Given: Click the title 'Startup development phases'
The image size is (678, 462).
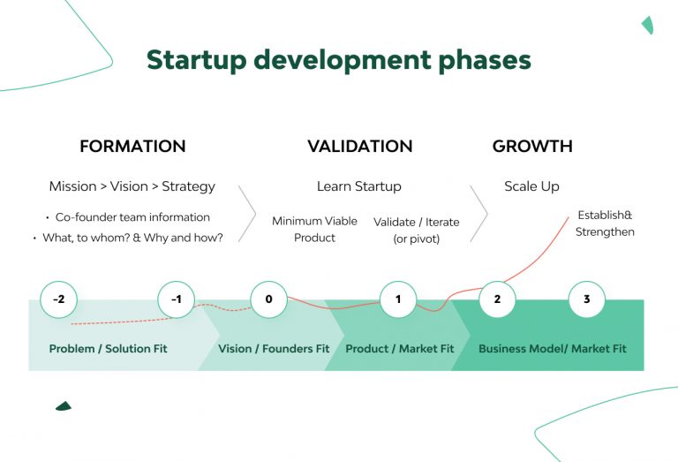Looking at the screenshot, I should tap(339, 59).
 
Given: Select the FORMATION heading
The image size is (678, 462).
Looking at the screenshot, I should tap(132, 147).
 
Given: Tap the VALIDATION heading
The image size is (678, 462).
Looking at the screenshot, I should tap(359, 147).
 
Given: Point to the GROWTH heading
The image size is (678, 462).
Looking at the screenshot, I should tap(532, 147).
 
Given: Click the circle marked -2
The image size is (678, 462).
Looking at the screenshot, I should tap(58, 299).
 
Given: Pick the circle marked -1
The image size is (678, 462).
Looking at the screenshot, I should tap(177, 299).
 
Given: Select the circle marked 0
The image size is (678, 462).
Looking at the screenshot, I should tap(268, 299).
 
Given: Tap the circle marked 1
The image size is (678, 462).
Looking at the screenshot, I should tap(398, 299).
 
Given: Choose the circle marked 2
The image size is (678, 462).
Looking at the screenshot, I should tap(497, 299).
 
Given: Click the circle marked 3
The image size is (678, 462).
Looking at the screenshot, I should tap(587, 299).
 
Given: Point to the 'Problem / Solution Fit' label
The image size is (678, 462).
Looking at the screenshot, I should tap(108, 349).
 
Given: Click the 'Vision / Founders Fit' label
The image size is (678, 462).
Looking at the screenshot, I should tap(274, 349).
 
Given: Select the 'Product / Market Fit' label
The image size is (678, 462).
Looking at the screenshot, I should tap(400, 349).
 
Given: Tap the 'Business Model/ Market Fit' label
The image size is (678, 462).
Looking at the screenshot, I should tap(553, 349).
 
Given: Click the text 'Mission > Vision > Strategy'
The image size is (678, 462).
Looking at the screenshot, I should tap(132, 186).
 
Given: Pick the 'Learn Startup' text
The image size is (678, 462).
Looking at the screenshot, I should tap(359, 186).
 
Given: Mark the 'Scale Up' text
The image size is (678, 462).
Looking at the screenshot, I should tap(531, 186).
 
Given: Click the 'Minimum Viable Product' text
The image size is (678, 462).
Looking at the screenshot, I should tap(315, 230).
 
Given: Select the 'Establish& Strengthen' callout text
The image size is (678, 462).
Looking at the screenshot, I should tap(605, 223).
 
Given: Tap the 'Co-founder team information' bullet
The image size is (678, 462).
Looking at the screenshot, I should tap(132, 217).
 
